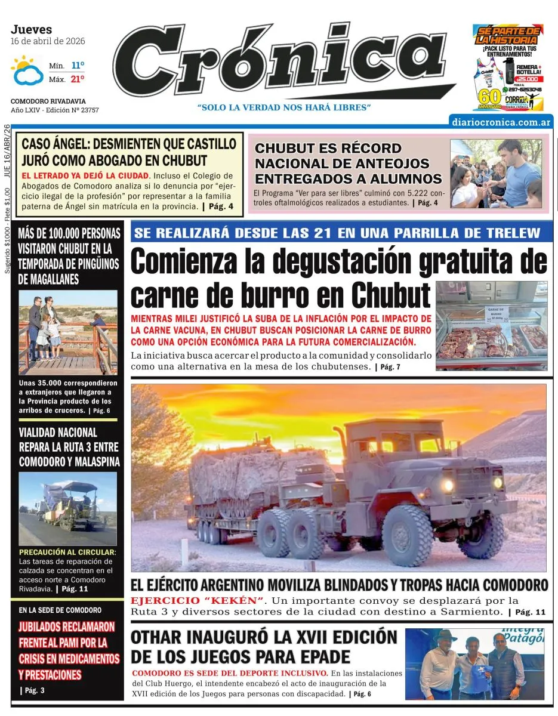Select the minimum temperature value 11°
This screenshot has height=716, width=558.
pos(78,65)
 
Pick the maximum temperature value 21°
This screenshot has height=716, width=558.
pos(78,79)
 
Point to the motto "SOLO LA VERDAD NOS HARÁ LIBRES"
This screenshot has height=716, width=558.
pos(285,107)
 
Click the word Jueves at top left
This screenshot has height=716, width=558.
pos(31,29)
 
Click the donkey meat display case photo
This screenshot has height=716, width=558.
pos(491,319)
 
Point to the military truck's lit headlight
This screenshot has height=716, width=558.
pos(447,484)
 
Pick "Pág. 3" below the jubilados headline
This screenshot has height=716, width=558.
pos(33,690)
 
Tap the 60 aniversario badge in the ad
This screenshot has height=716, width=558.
pos(485,97)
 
